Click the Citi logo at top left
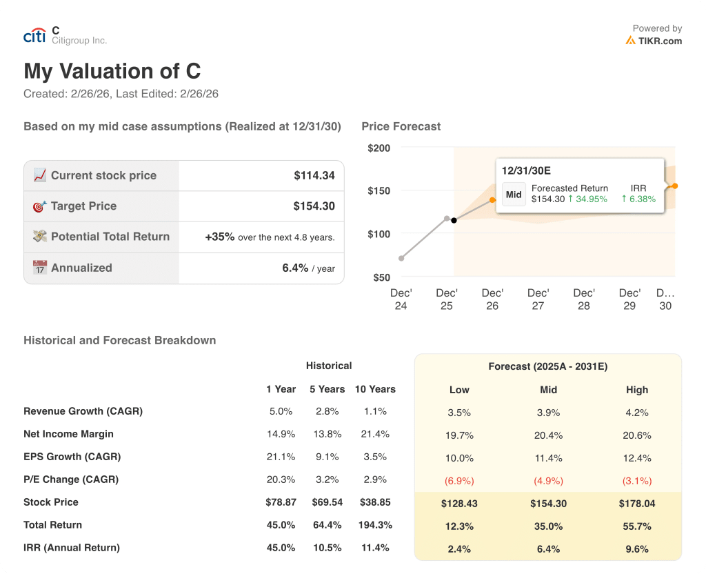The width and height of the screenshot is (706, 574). pos(34,36)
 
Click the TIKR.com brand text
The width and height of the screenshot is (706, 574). pos(659,41)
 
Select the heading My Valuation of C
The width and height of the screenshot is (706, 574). pos(112,71)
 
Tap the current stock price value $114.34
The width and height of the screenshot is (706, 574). pos(314,175)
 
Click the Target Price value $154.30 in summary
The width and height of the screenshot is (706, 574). pos(314,206)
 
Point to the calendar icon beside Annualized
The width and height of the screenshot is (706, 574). pos(40,268)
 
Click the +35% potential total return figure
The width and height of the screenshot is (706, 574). pos(219,237)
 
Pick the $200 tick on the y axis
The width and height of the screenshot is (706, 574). pos(379,148)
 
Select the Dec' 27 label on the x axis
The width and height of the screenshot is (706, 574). pos(538,299)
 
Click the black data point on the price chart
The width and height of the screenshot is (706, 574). pos(454,220)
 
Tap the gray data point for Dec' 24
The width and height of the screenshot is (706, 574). pos(401,258)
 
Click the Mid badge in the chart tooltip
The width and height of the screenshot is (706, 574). pos(514,195)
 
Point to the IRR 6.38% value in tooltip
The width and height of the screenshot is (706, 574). pos(638,199)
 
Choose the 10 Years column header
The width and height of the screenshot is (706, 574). pos(375,389)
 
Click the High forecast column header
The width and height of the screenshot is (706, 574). pos(637,390)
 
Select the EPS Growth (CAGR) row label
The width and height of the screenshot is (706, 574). pos(72,457)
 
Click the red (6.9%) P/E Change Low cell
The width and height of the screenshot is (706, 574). pos(459,481)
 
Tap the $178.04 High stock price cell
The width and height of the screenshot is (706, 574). pos(637,504)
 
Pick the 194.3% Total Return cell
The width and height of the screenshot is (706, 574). pos(375,525)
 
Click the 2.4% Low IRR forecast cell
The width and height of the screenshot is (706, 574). pos(459,549)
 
